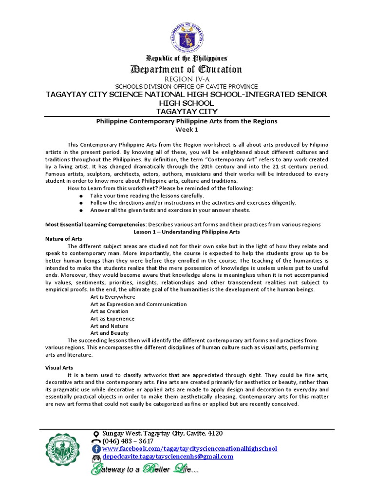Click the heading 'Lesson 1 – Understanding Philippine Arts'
tap(187, 232)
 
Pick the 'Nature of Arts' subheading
tap(64, 239)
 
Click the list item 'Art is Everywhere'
tap(112, 297)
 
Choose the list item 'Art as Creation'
tap(109, 311)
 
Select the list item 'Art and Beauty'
tap(109, 333)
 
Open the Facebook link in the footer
tap(189, 448)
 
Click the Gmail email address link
tap(168, 457)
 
